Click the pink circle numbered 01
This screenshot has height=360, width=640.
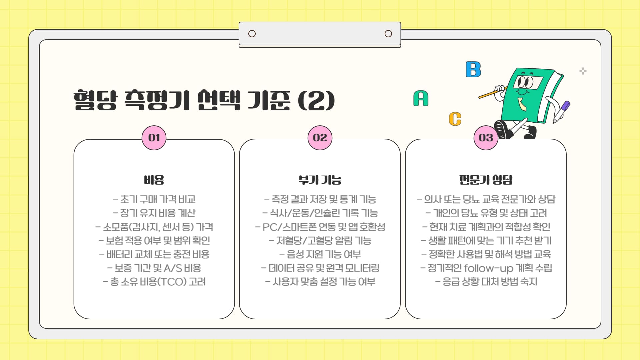click(x=154, y=138)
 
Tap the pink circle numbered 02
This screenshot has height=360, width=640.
click(x=320, y=138)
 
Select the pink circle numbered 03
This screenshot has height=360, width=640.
click(x=486, y=138)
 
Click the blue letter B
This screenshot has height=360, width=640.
click(x=473, y=70)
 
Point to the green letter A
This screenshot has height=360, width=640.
click(x=421, y=98)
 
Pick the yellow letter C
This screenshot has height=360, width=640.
click(x=455, y=119)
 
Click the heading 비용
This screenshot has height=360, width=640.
click(x=154, y=180)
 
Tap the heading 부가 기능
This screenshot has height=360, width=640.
click(x=320, y=180)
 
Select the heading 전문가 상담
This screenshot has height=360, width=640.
click(x=486, y=180)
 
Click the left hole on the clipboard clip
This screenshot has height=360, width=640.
click(x=252, y=34)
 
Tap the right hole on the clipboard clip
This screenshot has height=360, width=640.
click(x=388, y=34)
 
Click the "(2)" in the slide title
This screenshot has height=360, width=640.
click(x=316, y=100)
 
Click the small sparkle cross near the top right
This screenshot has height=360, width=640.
click(x=583, y=71)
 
